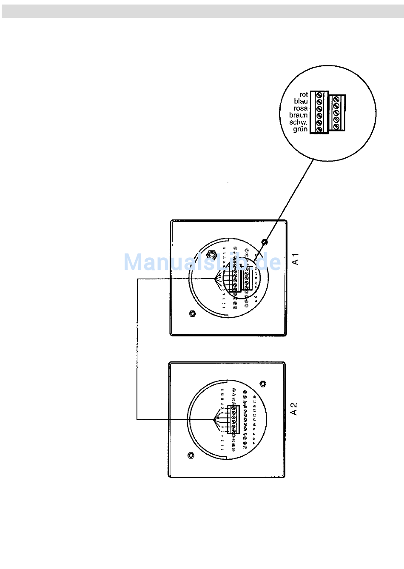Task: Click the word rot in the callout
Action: (303, 94)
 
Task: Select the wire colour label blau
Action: (301, 101)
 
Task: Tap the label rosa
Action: (300, 108)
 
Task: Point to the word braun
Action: (298, 115)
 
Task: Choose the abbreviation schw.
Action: (298, 122)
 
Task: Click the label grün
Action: (300, 129)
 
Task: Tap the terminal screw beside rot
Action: (319, 95)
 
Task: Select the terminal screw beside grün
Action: (319, 129)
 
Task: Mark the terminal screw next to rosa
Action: (319, 108)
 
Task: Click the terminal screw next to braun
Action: (319, 115)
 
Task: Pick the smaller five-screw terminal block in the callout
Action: (337, 113)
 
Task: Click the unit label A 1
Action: (296, 259)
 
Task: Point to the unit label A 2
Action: (293, 409)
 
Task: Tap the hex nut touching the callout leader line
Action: (265, 242)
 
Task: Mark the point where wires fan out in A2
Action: (214, 420)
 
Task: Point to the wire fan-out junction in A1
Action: (215, 279)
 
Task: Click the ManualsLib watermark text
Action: (202, 262)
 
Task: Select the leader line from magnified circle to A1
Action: (289, 200)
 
